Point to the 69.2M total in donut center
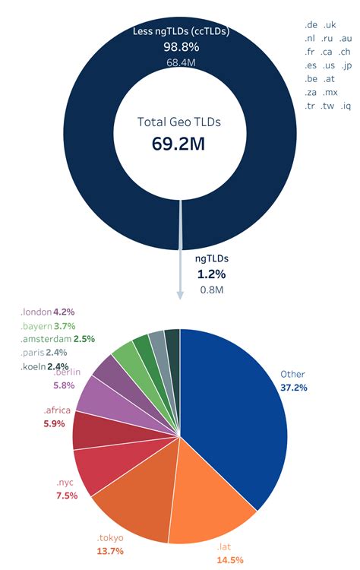[179, 144]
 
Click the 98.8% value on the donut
[180, 47]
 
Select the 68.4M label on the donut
[180, 63]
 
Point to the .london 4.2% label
[49, 312]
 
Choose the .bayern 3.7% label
[49, 325]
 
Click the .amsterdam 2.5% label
[49, 339]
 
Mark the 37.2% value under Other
[295, 388]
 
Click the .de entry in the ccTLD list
[311, 25]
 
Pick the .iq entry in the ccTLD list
[346, 106]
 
